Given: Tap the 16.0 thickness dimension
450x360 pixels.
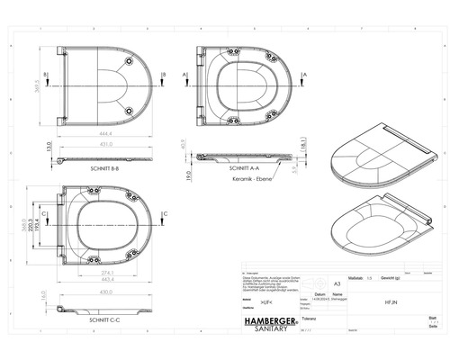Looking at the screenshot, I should coord(43,295).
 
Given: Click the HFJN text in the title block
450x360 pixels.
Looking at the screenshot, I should coord(376,304).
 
